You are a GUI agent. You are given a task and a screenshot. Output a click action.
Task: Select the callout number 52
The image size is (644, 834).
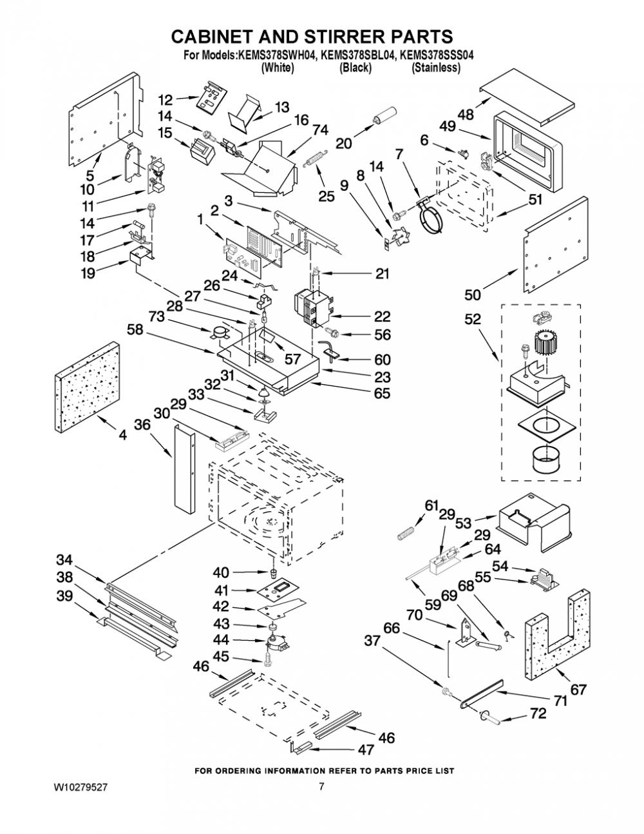click(472, 319)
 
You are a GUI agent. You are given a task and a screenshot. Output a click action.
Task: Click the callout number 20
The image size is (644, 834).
click(343, 144)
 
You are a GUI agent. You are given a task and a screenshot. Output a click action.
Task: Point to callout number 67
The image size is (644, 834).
click(578, 690)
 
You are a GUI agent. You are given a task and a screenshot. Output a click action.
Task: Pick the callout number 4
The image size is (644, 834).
click(122, 434)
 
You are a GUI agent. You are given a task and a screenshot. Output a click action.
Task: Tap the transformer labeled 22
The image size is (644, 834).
click(312, 307)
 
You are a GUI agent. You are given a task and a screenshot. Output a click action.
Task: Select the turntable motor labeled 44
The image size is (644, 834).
click(277, 642)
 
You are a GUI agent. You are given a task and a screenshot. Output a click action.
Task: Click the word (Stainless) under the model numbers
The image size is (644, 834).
click(436, 68)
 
